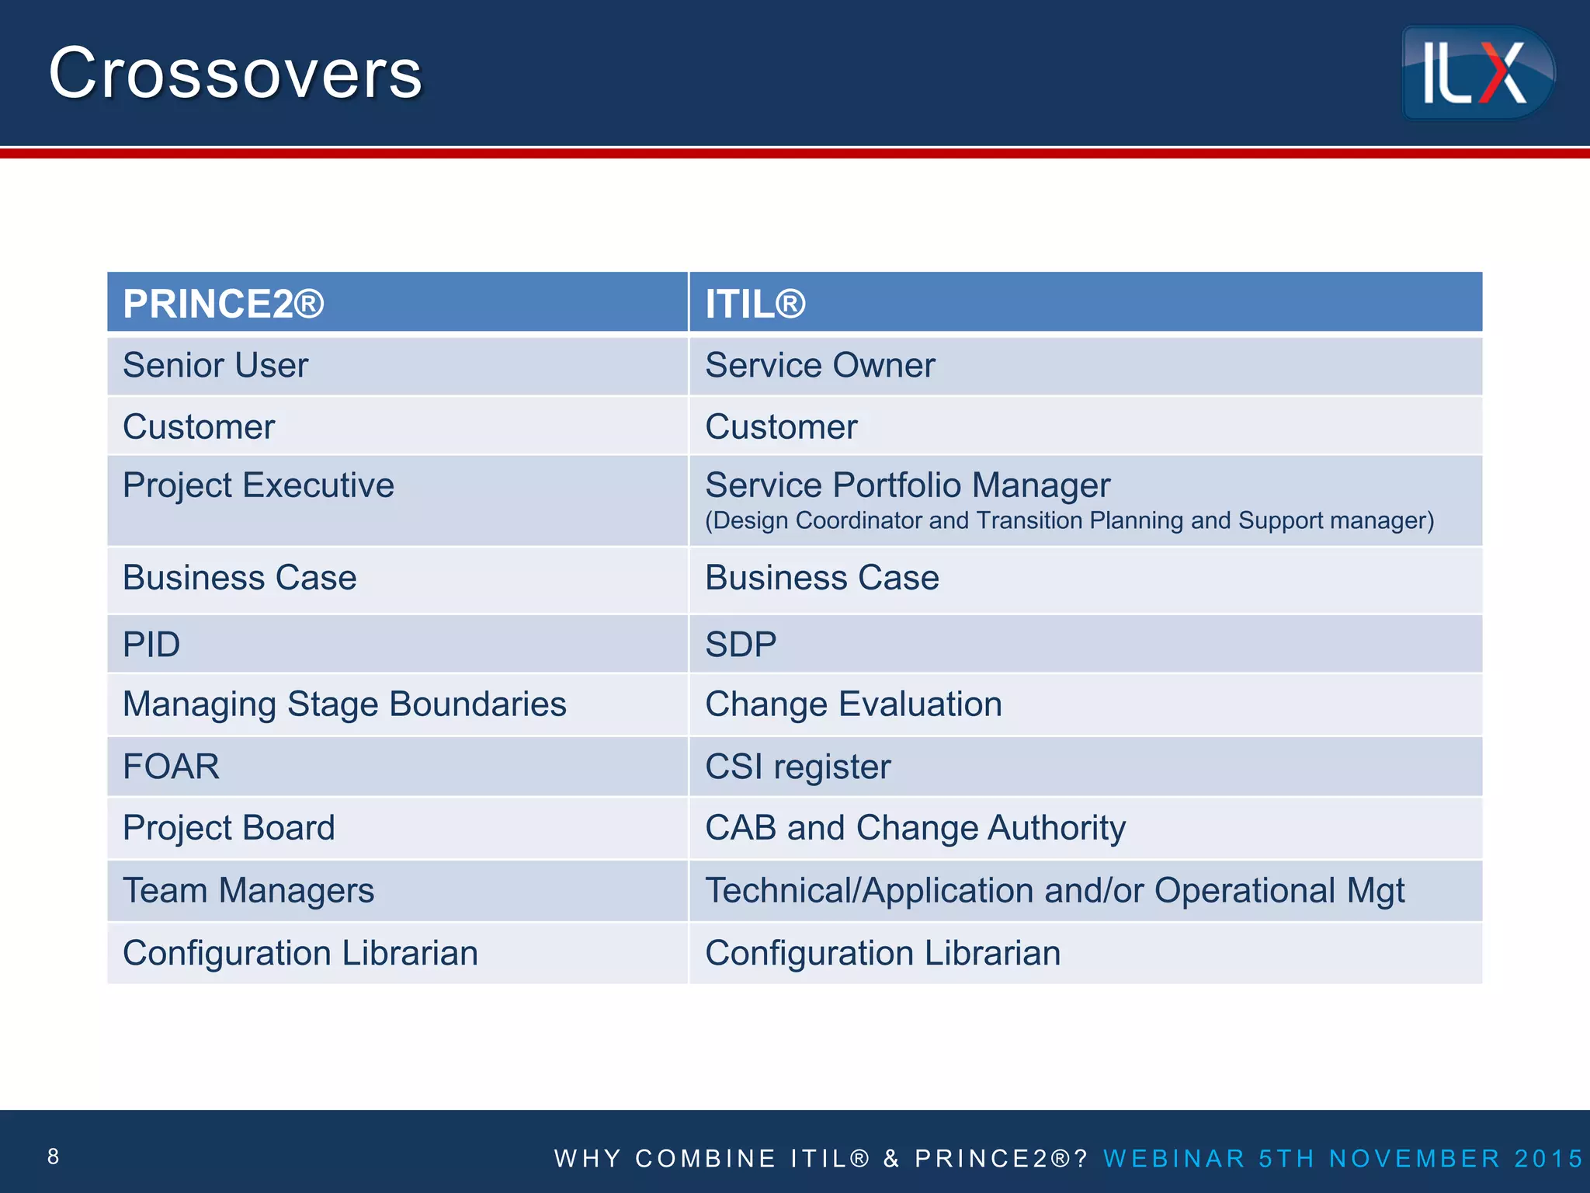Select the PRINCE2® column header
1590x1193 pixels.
224,304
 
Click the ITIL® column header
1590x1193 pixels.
755,304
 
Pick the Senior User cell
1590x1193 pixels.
216,365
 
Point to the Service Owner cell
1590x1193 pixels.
820,365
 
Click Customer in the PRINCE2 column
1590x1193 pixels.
199,426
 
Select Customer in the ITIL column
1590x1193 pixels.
781,426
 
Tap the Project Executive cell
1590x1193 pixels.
259,485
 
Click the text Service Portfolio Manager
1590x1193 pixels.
908,485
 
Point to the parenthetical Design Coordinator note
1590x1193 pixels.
1069,520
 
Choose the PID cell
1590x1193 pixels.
151,645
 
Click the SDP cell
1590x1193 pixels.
741,645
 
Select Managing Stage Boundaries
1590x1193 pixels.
345,704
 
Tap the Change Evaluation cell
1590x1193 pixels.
853,704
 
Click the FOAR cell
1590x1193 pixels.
171,767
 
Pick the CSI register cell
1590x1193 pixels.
797,767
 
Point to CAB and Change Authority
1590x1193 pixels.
915,828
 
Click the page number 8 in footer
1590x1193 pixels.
53,1156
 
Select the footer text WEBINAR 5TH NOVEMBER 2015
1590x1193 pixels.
1342,1158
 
